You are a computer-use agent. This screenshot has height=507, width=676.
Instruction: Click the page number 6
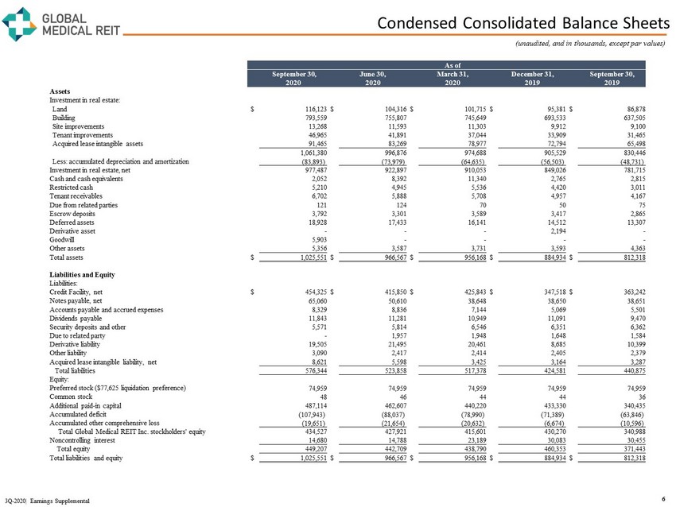pyautogui.click(x=663, y=498)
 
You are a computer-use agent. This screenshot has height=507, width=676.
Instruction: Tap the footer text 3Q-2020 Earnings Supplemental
pyautogui.click(x=46, y=500)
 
